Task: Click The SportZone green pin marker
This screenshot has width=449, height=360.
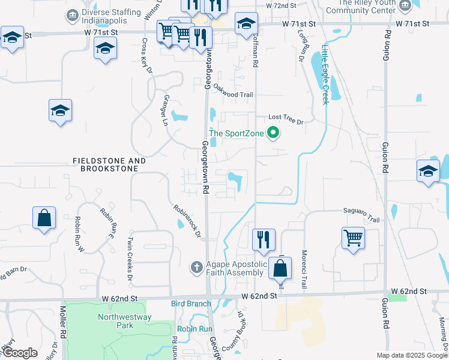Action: tap(274, 133)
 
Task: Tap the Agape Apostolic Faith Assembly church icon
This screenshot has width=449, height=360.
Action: tap(196, 266)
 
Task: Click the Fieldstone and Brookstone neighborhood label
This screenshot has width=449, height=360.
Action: tap(109, 165)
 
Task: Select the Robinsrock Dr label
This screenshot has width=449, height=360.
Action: tap(186, 221)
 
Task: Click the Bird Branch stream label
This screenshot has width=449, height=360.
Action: tap(191, 304)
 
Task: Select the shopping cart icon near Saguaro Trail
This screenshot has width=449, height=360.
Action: tap(353, 237)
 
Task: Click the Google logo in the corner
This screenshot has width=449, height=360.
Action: tap(20, 352)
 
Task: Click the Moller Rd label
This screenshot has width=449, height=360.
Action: tap(62, 321)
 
